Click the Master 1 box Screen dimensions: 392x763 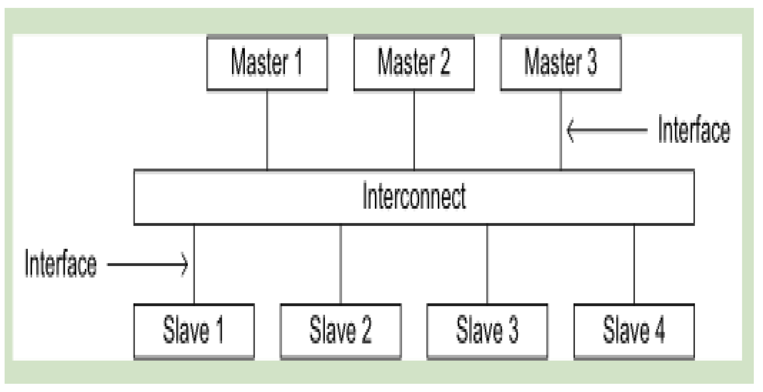click(x=267, y=62)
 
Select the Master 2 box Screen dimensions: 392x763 click(x=414, y=62)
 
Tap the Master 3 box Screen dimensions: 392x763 click(x=561, y=62)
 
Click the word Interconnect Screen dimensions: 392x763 click(x=414, y=196)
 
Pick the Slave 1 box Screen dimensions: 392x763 click(x=194, y=331)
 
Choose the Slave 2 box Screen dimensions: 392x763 click(x=341, y=331)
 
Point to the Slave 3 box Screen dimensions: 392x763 click(x=487, y=331)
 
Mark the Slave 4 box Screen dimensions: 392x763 click(x=634, y=331)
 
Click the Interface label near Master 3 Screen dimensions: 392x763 click(x=694, y=130)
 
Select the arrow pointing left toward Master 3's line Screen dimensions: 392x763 click(x=607, y=130)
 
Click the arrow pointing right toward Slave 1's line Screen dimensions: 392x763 click(x=148, y=264)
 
